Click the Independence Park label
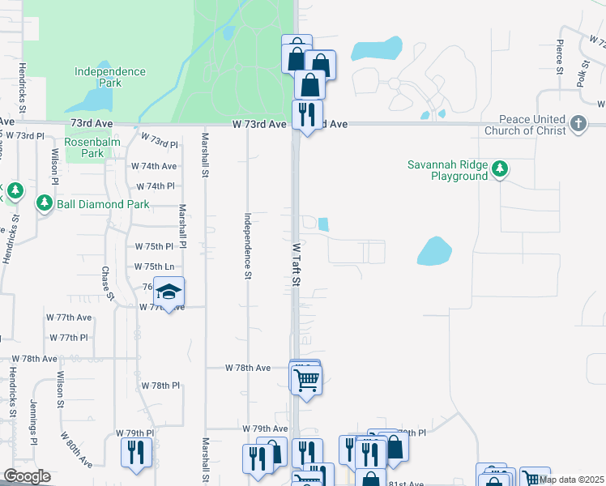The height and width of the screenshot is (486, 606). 109,77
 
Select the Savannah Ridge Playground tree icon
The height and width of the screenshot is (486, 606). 501,168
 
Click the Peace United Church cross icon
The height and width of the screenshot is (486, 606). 578,123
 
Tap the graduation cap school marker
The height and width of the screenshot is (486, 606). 169,292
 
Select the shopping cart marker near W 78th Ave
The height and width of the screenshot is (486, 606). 306,378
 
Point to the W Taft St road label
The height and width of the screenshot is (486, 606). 297,263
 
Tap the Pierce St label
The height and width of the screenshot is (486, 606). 560,59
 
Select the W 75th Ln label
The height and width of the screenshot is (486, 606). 154,266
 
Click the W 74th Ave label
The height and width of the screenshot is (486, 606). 154,166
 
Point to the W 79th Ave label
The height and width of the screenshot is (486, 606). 265,428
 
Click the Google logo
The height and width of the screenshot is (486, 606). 27,476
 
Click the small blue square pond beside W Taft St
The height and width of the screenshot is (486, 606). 324,224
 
